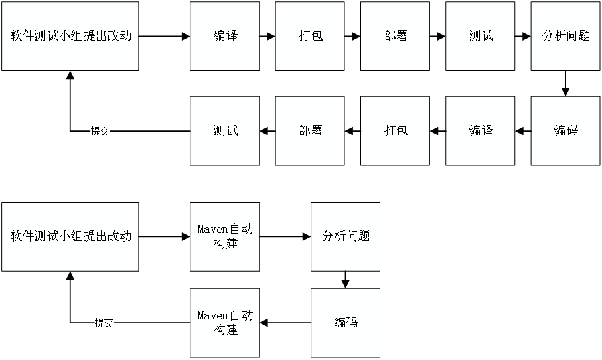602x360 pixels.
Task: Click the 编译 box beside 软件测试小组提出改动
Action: pyautogui.click(x=224, y=36)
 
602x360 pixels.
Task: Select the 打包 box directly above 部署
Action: pyautogui.click(x=310, y=36)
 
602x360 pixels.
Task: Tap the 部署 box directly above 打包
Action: pyautogui.click(x=395, y=36)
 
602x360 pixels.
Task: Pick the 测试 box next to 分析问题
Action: pyautogui.click(x=481, y=36)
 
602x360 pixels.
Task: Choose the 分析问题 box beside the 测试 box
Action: pyautogui.click(x=565, y=36)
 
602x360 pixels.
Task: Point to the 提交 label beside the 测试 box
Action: pyautogui.click(x=100, y=132)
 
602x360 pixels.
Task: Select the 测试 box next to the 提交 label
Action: pyautogui.click(x=224, y=131)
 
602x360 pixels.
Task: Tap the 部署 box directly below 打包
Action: pyautogui.click(x=310, y=131)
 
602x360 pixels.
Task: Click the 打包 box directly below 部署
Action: pyautogui.click(x=395, y=131)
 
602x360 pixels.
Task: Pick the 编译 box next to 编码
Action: pyautogui.click(x=481, y=131)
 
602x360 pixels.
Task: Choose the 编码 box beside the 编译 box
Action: pyautogui.click(x=565, y=131)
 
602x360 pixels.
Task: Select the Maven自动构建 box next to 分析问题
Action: pyautogui.click(x=224, y=236)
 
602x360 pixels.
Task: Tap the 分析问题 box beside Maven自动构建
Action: pyautogui.click(x=345, y=236)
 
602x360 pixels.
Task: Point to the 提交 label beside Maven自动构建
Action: pyautogui.click(x=104, y=323)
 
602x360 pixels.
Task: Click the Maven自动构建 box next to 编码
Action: pyautogui.click(x=224, y=322)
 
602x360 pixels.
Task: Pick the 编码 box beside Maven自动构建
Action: pyautogui.click(x=345, y=322)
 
